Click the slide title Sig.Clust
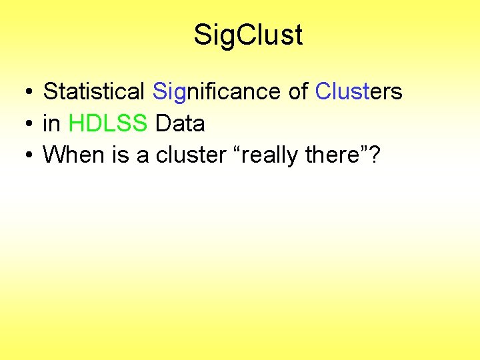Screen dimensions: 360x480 click(x=248, y=35)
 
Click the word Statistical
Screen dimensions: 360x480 click(x=94, y=91)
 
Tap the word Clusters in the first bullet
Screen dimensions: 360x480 click(x=359, y=91)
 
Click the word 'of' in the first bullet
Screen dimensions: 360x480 click(x=298, y=91)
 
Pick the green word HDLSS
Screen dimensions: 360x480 click(x=109, y=123)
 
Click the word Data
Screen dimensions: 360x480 click(x=180, y=123)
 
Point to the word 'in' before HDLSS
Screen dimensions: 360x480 click(x=51, y=123)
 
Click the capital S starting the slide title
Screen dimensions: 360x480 click(x=202, y=35)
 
